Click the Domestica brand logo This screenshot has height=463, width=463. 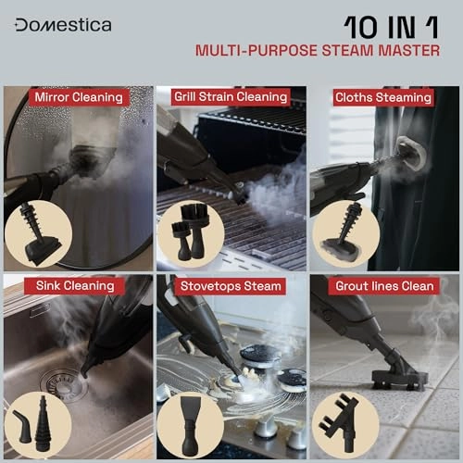pyautogui.click(x=63, y=25)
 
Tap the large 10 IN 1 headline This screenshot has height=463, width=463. pyautogui.click(x=391, y=28)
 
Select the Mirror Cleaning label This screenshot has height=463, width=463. pyautogui.click(x=79, y=97)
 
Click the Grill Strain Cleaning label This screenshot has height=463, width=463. pyautogui.click(x=231, y=97)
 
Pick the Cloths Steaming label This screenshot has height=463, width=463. pyautogui.click(x=383, y=97)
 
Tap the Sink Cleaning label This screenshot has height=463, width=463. pyautogui.click(x=75, y=286)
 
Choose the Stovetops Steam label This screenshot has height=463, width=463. pyautogui.click(x=231, y=286)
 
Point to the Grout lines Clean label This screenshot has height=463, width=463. pyautogui.click(x=384, y=286)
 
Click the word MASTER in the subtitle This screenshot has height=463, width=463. pyautogui.click(x=409, y=51)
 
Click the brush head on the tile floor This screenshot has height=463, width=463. pyautogui.click(x=400, y=378)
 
